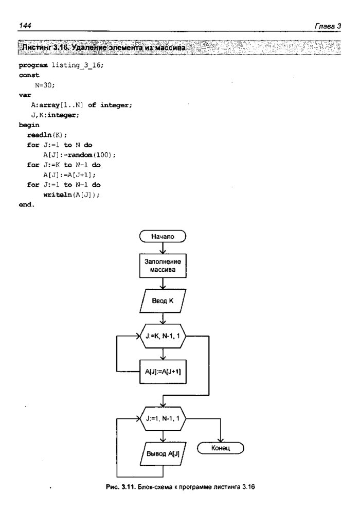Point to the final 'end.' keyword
click(26, 205)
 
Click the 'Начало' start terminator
click(163, 237)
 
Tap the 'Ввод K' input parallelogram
click(163, 302)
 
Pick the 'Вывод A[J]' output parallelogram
click(163, 454)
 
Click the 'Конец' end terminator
click(221, 448)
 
